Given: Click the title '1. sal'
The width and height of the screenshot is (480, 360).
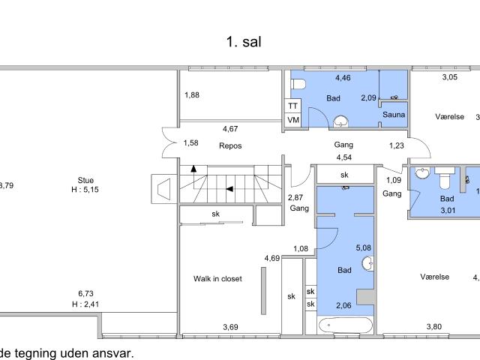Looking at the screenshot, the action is pos(244,42).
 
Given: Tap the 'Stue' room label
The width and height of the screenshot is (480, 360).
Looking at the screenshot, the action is pos(85,180).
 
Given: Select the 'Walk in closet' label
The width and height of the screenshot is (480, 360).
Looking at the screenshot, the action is pos(217,278).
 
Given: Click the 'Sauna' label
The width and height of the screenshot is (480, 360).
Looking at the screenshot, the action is pos(394,115).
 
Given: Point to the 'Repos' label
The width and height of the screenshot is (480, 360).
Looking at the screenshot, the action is pos(230,145).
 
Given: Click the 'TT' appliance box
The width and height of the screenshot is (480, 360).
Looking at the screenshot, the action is pos(293,106).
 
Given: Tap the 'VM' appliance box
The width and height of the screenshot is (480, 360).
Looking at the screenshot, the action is pos(293,120).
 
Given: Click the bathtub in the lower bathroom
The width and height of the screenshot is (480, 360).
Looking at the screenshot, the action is pos(346,325).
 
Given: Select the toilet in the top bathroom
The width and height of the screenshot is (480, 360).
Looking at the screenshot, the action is pos(298,84).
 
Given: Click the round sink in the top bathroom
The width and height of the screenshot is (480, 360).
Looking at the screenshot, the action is pos(340,121).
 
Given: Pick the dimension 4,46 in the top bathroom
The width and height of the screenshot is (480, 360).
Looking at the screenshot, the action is pos(343,78).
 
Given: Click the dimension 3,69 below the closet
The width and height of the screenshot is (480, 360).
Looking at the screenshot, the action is pos(230,327).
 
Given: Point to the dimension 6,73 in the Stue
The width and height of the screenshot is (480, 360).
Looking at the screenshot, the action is pos(85,293).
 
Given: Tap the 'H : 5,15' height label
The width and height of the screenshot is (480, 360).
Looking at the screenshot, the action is pos(85,190).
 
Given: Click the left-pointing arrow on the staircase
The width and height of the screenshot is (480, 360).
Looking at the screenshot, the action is pos(229,189).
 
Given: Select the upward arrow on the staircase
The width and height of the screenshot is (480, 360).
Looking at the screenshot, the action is pos(193,168).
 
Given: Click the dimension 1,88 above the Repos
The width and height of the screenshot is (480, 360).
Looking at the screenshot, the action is pos(192,95).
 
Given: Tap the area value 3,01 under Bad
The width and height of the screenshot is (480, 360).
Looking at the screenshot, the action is pos(448,210).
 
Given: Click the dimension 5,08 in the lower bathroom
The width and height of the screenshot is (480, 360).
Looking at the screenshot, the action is pos(363,247).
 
